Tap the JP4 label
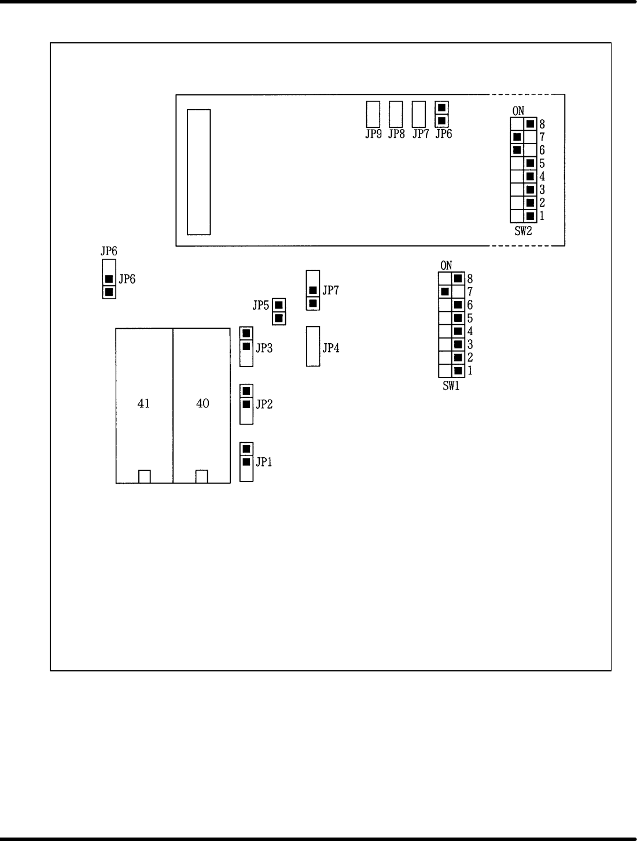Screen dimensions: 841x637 click(x=331, y=348)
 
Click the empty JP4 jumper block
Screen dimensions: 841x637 click(x=313, y=346)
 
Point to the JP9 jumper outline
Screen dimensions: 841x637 click(x=373, y=114)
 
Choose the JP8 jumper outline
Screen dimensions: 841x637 click(x=396, y=114)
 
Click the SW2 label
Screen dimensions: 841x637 click(x=523, y=231)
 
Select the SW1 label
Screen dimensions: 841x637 click(x=451, y=386)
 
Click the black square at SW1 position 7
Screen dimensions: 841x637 click(x=444, y=291)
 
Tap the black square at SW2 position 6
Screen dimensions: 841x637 click(x=517, y=150)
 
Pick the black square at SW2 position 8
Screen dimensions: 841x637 click(x=530, y=123)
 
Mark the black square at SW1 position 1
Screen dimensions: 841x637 click(x=458, y=370)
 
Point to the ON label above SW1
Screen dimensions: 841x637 click(x=446, y=266)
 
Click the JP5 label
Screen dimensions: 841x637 click(x=261, y=304)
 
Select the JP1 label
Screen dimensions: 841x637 click(x=264, y=462)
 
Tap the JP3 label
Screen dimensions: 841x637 click(x=264, y=348)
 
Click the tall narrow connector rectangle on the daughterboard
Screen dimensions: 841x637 click(x=198, y=172)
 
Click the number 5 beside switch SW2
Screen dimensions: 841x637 click(x=542, y=164)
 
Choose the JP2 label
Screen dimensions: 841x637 click(x=264, y=404)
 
